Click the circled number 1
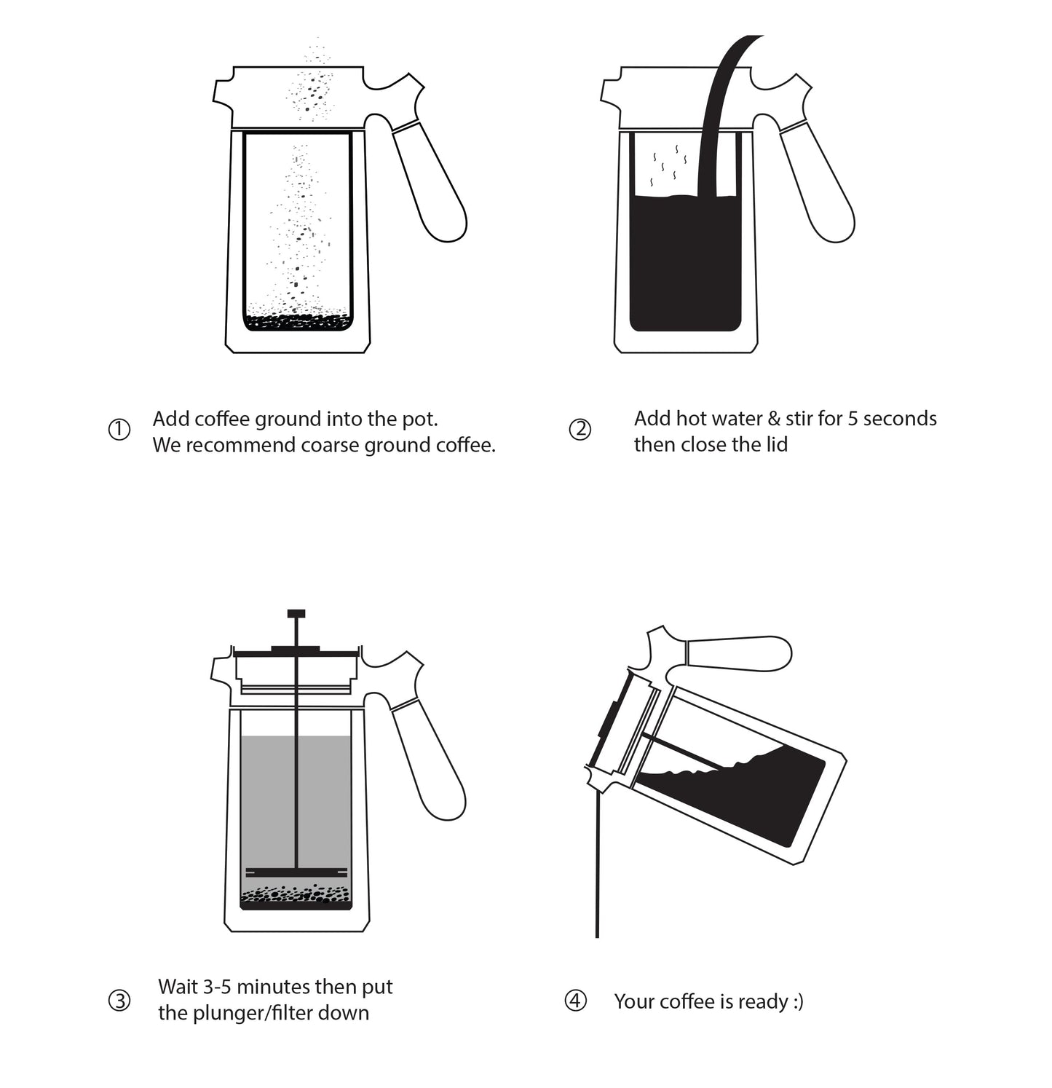click(x=119, y=430)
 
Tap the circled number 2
click(x=580, y=430)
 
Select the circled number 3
click(x=119, y=1001)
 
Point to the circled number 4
click(x=575, y=1001)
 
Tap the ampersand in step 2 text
click(x=773, y=419)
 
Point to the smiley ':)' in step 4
click(x=797, y=1002)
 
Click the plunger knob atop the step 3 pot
click(x=296, y=613)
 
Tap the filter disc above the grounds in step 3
click(x=296, y=872)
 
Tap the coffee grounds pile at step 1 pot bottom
click(x=297, y=321)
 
